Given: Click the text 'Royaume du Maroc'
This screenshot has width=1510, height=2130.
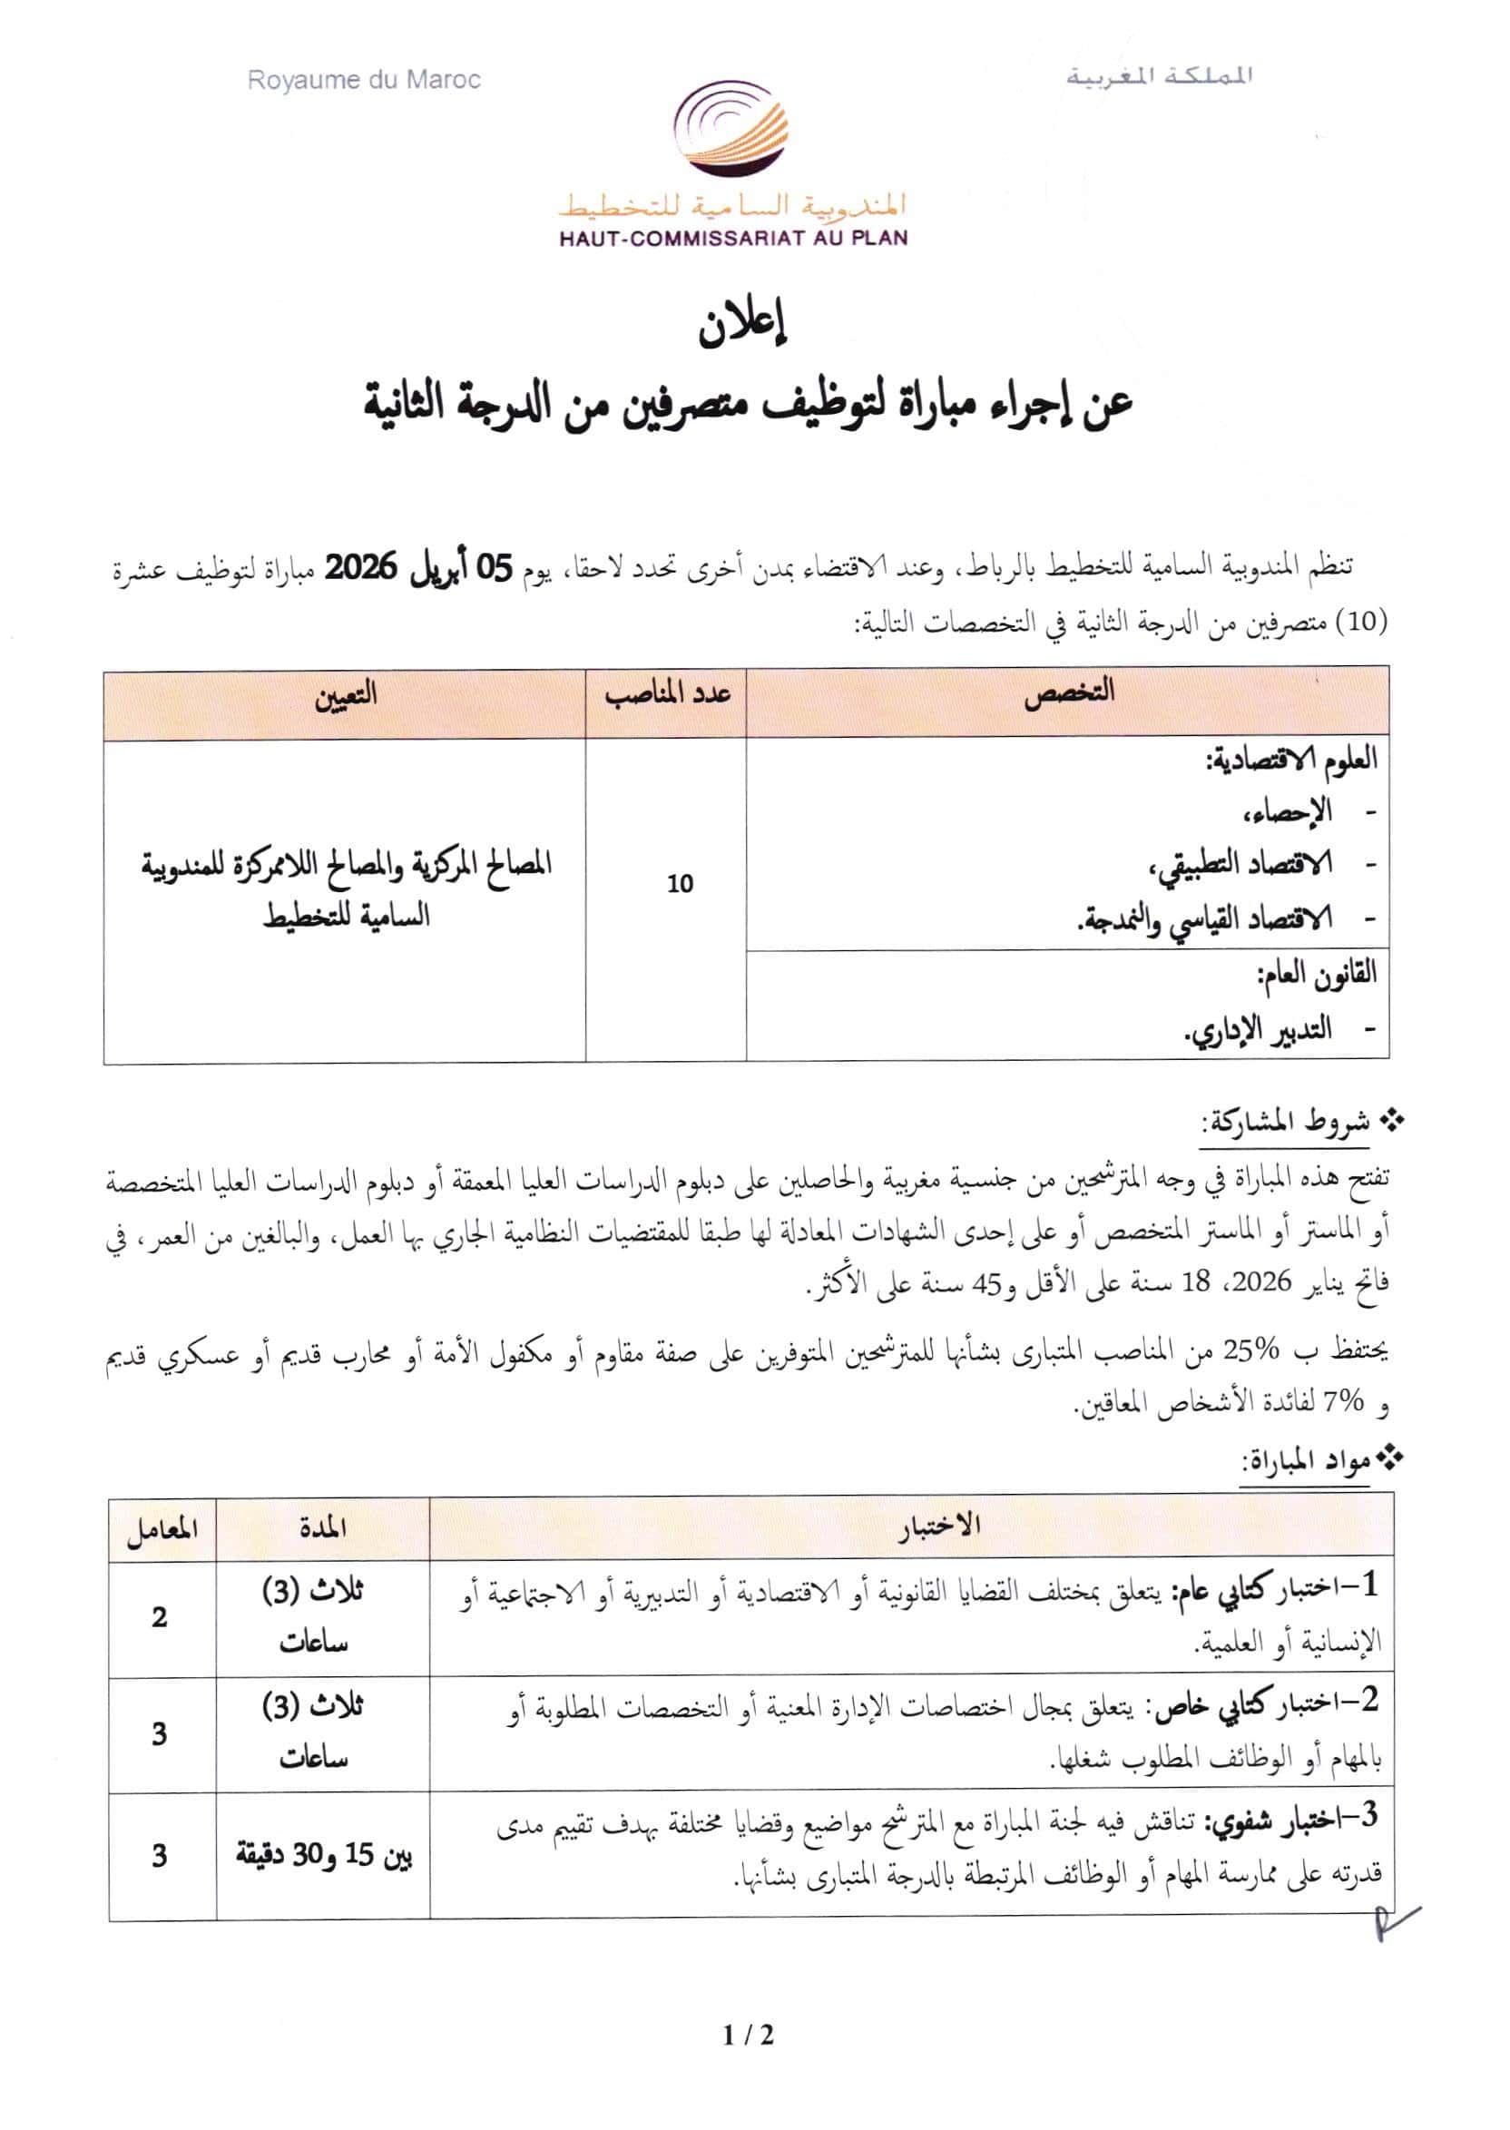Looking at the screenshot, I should pos(364,81).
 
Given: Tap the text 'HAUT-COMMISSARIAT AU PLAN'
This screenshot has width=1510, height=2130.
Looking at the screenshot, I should pos(732,239).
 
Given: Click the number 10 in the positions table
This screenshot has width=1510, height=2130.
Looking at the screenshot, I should pos(680,883).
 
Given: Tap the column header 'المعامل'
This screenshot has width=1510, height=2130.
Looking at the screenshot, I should pos(162,1529).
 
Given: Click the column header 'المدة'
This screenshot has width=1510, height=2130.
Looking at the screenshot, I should pos(323,1529).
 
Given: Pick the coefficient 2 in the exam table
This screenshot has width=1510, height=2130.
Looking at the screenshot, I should pos(160,1617).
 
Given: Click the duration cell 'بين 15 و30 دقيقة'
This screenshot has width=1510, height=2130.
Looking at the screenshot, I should pos(323,1855).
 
